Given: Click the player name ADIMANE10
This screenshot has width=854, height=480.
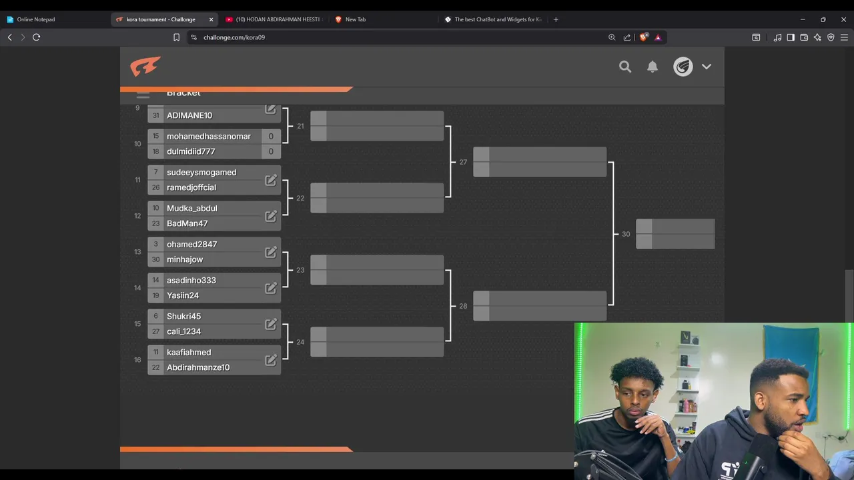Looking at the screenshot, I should [189, 115].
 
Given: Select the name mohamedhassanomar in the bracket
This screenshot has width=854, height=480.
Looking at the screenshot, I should [209, 136].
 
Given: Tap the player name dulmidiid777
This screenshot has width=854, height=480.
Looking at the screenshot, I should [191, 151].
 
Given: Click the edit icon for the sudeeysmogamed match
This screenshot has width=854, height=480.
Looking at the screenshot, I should [271, 180].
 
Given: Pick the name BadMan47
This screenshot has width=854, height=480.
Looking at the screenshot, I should [187, 223].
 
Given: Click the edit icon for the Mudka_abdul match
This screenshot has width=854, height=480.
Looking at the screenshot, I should [271, 216].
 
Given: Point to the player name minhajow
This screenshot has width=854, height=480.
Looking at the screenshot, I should [185, 259].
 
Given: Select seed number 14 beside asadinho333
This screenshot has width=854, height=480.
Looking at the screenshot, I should [155, 280].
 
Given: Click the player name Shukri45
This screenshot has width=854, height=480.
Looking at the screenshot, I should [183, 316].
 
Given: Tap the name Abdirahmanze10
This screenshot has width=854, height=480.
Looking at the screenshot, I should [198, 367].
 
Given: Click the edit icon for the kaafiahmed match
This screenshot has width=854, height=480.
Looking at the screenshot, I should [271, 360].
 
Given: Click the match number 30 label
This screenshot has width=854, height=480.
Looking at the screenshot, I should [626, 234].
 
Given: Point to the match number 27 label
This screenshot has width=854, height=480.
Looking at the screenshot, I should [463, 162].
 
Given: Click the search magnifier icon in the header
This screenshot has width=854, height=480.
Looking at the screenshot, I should [625, 67].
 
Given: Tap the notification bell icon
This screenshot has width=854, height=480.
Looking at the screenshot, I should [653, 67].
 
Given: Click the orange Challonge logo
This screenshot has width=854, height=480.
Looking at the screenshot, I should [145, 67].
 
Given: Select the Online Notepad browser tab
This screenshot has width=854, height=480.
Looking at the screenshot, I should [36, 19].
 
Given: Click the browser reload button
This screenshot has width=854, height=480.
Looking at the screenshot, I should [37, 37].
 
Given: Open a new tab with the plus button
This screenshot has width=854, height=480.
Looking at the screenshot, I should [556, 19].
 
